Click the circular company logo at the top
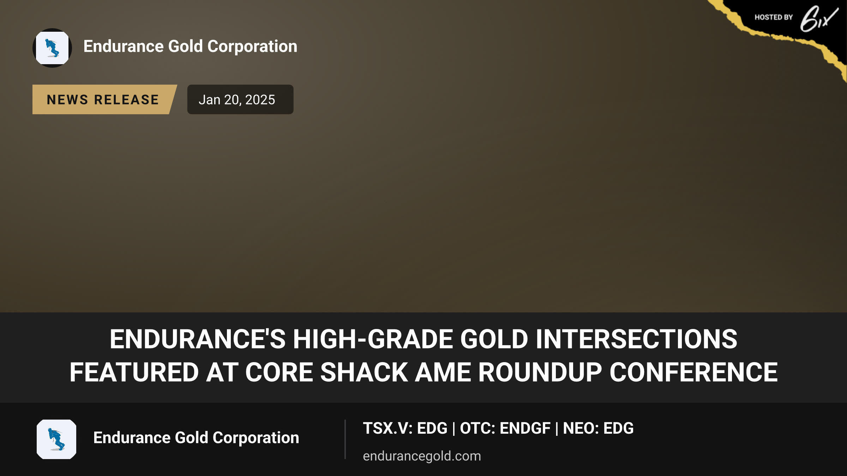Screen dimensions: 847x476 click(52, 48)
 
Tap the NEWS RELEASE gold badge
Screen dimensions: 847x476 click(104, 99)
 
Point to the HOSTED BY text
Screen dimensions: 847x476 click(774, 17)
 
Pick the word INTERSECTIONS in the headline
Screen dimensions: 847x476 click(636, 339)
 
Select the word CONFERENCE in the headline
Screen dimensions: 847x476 click(693, 372)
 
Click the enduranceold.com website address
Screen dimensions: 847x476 click(422, 456)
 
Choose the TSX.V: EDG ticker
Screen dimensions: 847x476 click(405, 428)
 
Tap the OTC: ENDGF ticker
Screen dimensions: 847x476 click(505, 428)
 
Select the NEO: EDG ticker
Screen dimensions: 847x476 click(598, 428)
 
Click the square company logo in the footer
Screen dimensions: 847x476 click(56, 439)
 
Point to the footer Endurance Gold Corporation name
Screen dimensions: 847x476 click(196, 438)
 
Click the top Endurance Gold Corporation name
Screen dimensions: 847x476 click(190, 47)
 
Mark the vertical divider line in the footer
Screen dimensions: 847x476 click(345, 439)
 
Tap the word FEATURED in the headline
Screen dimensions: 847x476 click(134, 372)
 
